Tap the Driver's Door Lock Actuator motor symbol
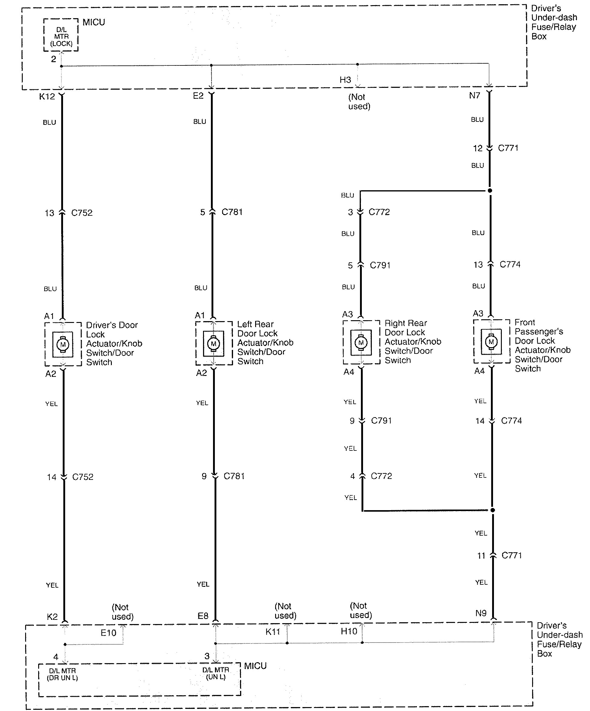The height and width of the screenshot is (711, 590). tap(63, 345)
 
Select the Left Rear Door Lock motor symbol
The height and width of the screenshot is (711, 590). tap(213, 344)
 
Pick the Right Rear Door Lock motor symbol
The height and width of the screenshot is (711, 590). tap(361, 343)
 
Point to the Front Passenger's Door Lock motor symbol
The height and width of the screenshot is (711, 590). tap(492, 342)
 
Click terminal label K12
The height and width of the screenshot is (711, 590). tap(47, 97)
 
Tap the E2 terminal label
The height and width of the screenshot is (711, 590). tap(198, 96)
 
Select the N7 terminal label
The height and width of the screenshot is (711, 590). tap(475, 95)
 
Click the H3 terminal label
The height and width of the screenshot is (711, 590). tap(345, 80)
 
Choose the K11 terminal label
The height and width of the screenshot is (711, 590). tap(273, 631)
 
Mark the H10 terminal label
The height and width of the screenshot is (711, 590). tap(349, 631)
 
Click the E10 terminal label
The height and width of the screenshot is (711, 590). tap(108, 633)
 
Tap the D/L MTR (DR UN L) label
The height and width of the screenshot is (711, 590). tap(63, 674)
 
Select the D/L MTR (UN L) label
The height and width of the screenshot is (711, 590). tap(216, 673)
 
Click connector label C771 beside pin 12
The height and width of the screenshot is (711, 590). tap(508, 148)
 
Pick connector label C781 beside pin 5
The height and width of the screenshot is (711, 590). tap(232, 212)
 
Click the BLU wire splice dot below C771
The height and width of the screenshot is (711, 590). tap(490, 191)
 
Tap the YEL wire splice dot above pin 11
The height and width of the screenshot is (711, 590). tap(493, 510)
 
